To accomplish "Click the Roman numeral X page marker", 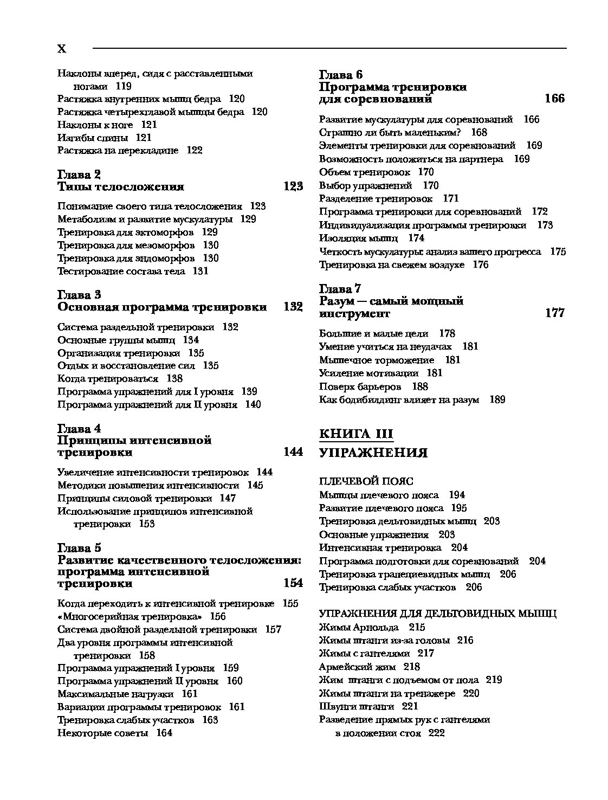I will (x=62, y=49).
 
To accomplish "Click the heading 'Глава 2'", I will (x=79, y=175).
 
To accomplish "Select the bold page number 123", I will (x=293, y=187).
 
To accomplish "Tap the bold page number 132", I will (x=293, y=307).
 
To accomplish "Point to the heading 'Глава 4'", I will (x=79, y=429).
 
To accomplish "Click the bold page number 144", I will (x=293, y=452).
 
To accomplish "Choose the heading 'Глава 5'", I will (x=79, y=547).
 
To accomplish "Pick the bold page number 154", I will (x=293, y=583).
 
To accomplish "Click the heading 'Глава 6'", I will (x=341, y=74).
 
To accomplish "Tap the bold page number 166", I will (x=554, y=99).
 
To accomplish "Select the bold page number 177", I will (x=554, y=313).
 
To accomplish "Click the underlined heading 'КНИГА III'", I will (x=356, y=434).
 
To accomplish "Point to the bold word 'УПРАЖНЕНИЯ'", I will (x=373, y=453).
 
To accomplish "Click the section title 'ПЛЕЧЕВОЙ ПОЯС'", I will (x=366, y=481).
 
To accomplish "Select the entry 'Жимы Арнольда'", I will (x=359, y=627).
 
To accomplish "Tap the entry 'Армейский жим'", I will (x=357, y=667).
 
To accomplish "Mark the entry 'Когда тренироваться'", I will (x=108, y=378).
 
